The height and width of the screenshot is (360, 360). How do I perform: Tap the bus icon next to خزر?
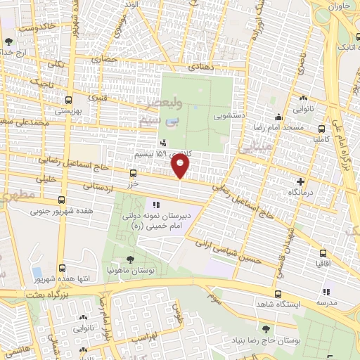134,173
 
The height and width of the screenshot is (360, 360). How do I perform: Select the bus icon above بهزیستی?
68,99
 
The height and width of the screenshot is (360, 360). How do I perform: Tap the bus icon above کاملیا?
322,129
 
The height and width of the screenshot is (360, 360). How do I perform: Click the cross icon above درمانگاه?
300,181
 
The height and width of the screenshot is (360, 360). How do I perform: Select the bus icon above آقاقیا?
323,252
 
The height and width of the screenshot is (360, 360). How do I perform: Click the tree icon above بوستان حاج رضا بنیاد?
264,328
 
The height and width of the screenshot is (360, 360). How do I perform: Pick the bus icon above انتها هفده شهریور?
63,268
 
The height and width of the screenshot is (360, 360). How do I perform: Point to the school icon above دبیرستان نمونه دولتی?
157,204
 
